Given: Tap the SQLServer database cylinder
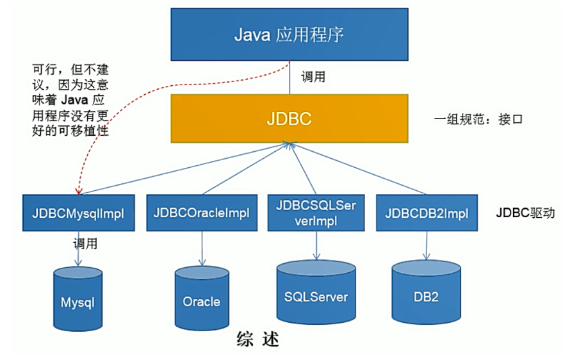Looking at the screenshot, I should [x=316, y=294].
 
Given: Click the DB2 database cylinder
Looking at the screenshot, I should [x=425, y=294].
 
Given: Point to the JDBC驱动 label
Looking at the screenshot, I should [x=525, y=212].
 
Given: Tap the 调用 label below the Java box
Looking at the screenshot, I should [x=314, y=77].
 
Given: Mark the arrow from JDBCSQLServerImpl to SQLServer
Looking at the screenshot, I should [x=316, y=241].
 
